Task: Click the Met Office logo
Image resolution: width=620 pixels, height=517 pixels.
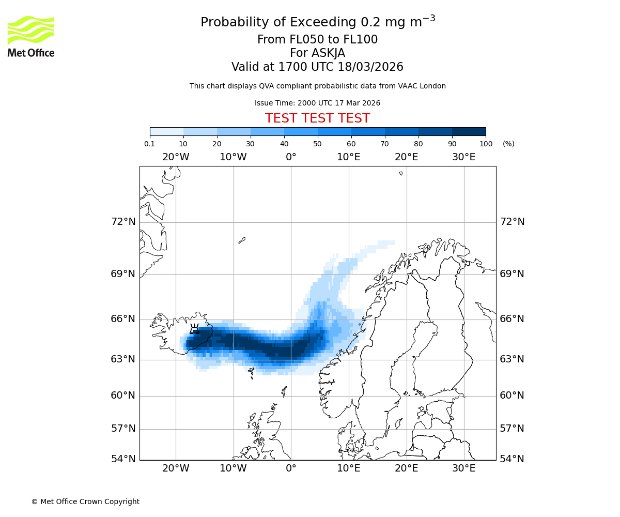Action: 31,36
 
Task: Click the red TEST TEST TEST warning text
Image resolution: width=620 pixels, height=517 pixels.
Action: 317,118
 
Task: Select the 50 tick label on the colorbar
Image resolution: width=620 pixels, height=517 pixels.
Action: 317,144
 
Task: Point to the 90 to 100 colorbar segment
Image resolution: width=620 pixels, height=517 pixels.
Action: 469,131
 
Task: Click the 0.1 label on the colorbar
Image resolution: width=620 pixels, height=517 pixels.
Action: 150,144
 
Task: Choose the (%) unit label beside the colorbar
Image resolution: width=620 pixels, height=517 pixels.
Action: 508,144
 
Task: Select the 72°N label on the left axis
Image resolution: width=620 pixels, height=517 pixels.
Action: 123,222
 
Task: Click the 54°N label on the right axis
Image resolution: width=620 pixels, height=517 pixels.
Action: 512,459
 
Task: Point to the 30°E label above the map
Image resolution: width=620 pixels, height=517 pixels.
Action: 463,157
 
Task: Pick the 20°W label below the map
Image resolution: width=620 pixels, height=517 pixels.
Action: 176,468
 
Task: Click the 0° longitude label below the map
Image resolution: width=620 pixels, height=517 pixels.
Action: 291,468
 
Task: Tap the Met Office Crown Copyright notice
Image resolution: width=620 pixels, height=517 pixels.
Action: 85,501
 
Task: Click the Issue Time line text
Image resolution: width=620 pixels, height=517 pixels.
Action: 317,103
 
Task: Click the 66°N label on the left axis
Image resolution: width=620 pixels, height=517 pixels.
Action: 123,319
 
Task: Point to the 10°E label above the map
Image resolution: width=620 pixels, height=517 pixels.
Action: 348,157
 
